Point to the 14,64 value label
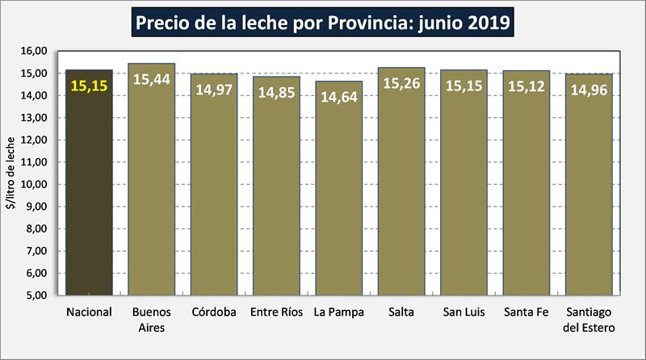pos(338,98)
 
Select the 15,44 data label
pos(151,79)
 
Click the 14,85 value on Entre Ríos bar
pos(276,92)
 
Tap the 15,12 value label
pos(526,86)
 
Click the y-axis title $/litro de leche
pos(10,173)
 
